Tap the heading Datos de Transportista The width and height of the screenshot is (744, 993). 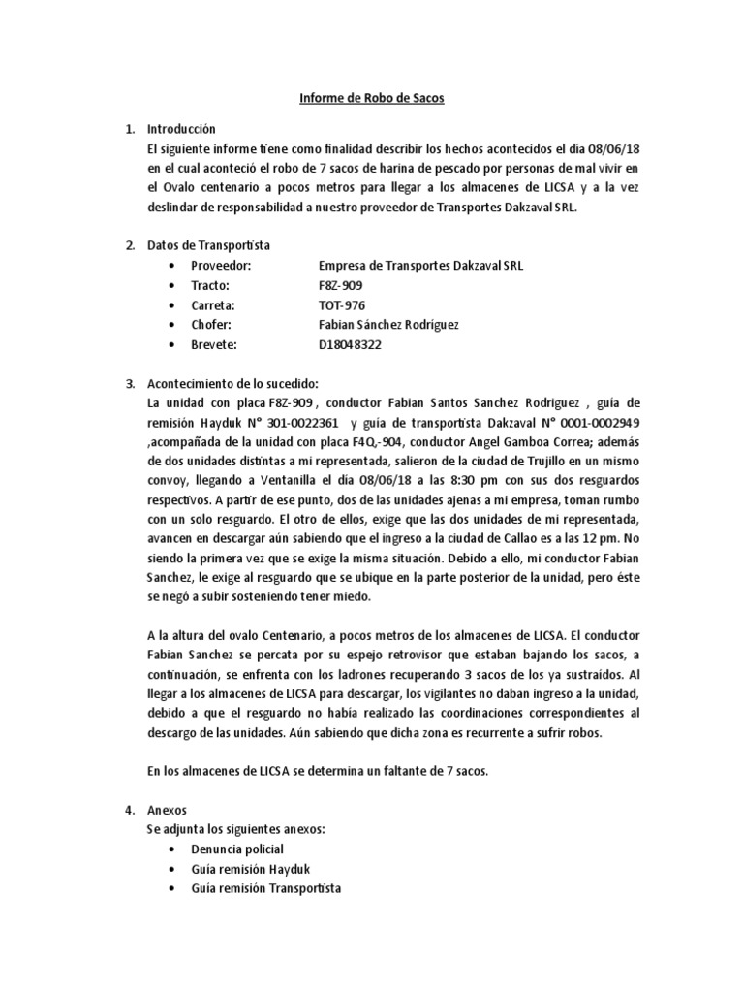click(x=208, y=245)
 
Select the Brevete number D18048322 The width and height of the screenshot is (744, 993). click(x=353, y=343)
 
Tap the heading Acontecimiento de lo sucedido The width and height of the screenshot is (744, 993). click(x=231, y=382)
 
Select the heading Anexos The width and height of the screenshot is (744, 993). click(x=165, y=811)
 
